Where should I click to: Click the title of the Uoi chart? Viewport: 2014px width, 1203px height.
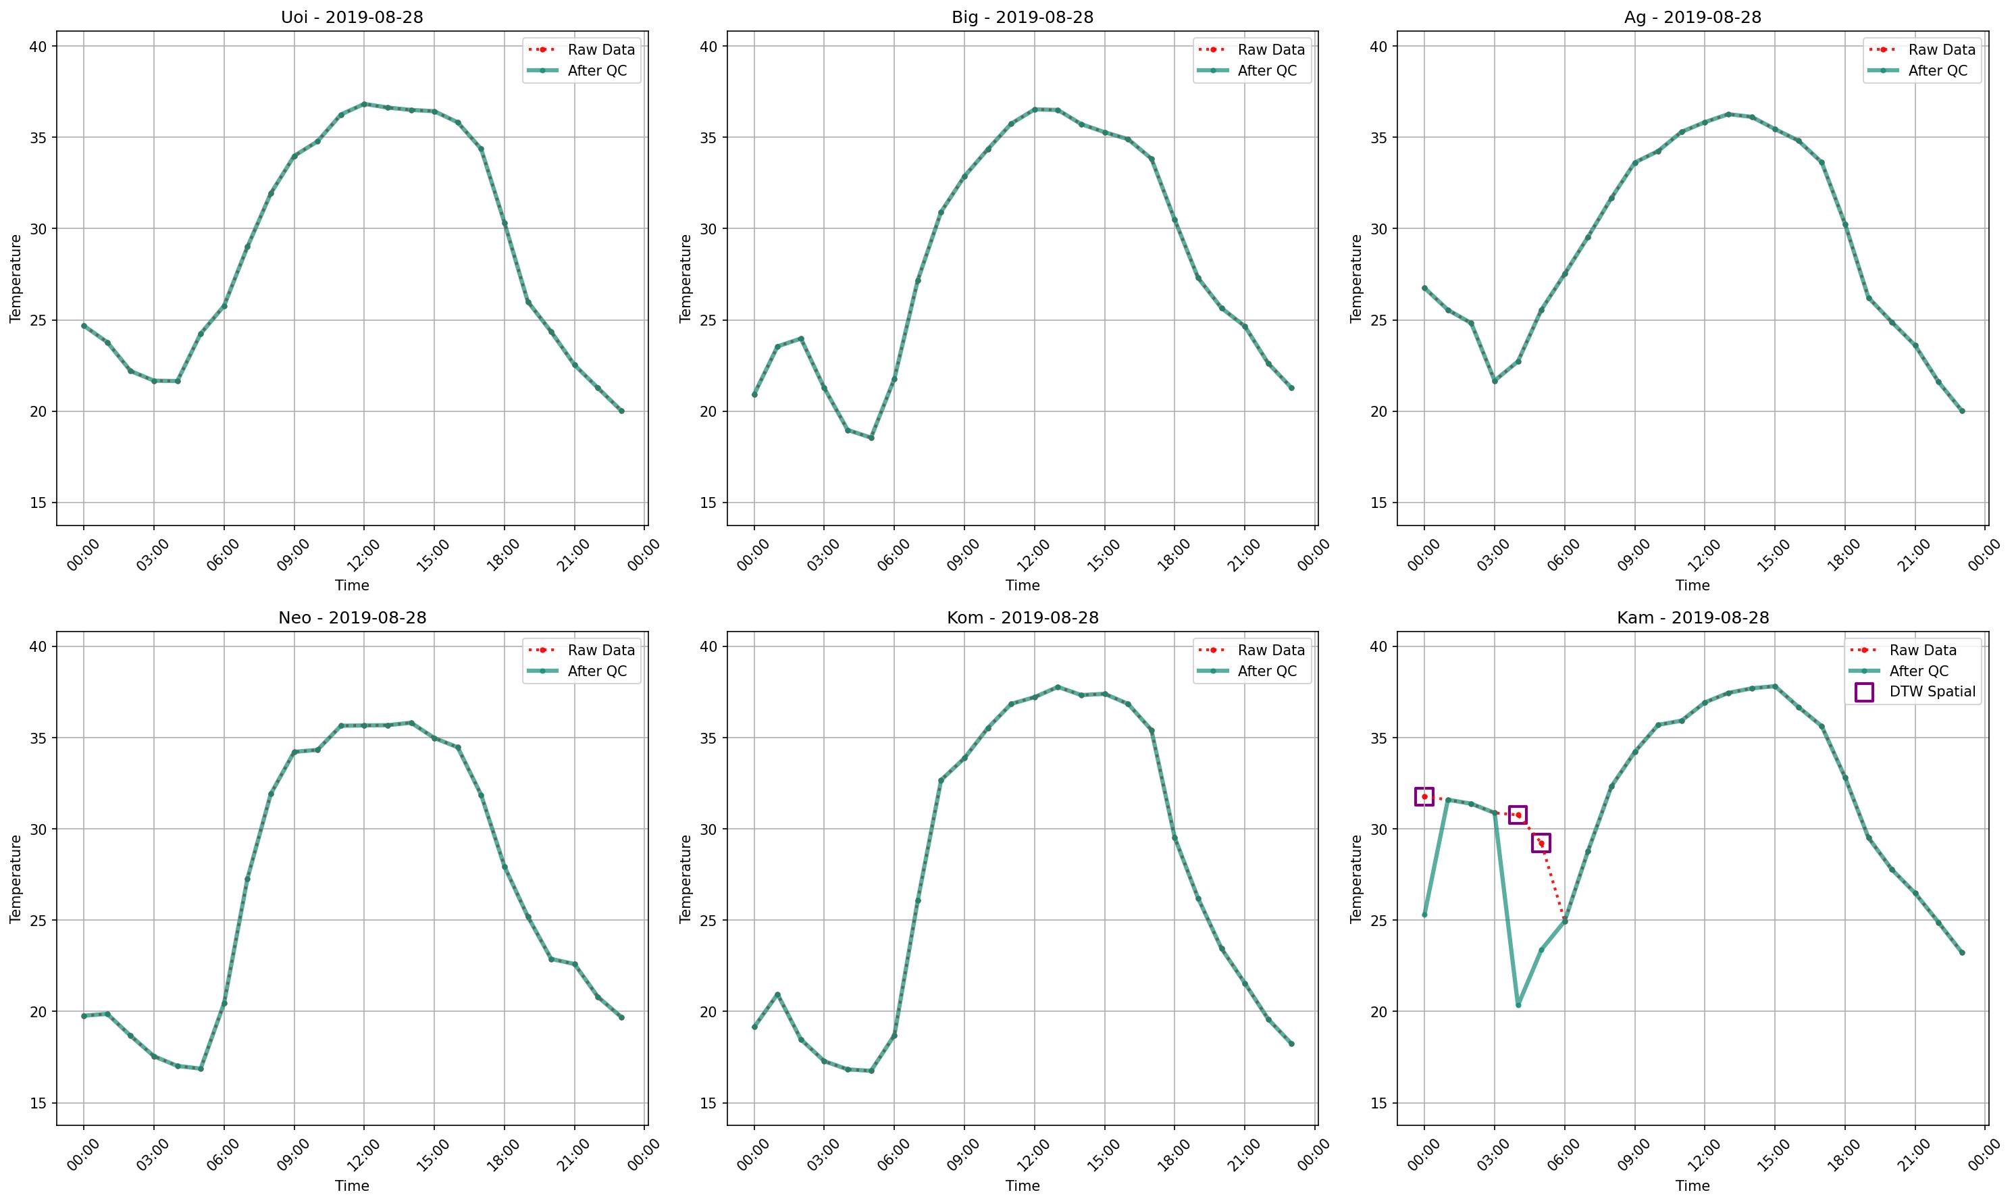[352, 17]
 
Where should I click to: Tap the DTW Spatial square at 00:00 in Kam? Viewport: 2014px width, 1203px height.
[1424, 797]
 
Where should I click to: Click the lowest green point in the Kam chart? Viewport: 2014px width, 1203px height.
[1518, 1005]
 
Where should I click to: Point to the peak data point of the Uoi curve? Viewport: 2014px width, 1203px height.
[364, 104]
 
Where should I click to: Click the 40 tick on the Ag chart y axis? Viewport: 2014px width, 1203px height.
[1378, 46]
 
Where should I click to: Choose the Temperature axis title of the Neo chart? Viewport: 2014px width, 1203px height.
[16, 879]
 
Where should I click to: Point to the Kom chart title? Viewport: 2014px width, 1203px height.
[1022, 618]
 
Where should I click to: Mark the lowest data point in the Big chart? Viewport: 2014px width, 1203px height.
[871, 438]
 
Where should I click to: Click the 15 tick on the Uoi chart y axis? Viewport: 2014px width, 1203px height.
[38, 503]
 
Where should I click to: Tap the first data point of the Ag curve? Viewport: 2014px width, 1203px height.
[1424, 288]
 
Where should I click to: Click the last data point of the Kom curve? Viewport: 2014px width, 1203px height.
[1292, 1044]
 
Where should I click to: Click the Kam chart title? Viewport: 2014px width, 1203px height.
[1693, 618]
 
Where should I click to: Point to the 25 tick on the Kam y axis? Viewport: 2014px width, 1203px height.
[1378, 920]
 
